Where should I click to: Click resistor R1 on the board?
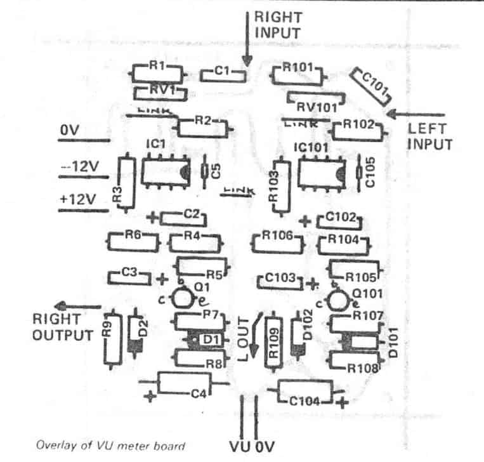159,72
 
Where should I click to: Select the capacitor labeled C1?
223,75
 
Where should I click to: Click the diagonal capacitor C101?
371,88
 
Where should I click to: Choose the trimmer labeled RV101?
315,100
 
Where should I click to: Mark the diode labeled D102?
296,336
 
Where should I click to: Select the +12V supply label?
77,199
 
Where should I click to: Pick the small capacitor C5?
204,171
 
